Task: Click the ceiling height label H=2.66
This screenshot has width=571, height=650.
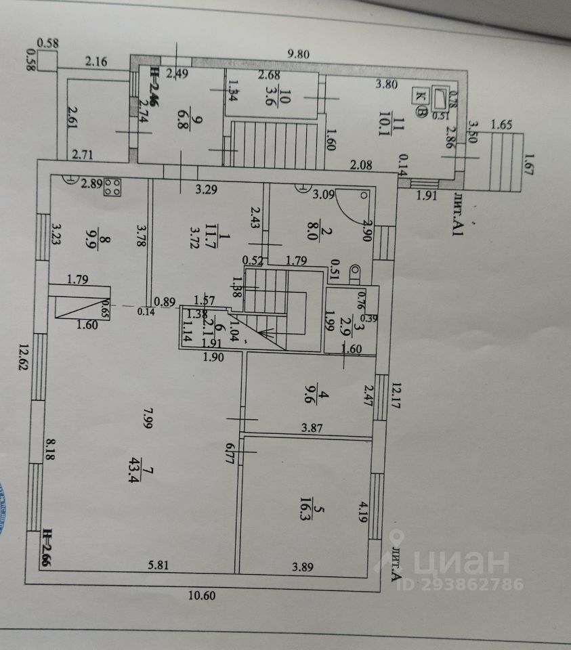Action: tap(48, 549)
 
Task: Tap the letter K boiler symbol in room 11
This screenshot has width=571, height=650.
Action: tap(421, 95)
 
